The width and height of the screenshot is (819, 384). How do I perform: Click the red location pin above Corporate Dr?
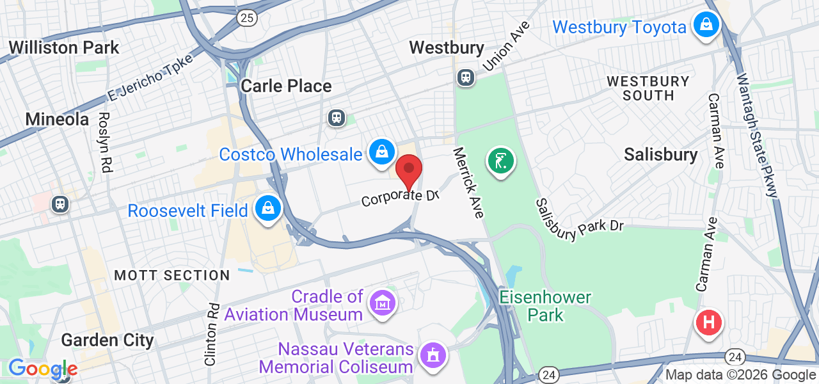point(409,171)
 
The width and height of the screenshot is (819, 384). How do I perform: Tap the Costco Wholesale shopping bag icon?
point(381,152)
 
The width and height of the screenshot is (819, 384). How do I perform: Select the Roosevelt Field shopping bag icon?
point(269,209)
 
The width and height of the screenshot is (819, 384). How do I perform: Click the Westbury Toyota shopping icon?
point(706,25)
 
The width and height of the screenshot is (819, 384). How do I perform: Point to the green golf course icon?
point(501,160)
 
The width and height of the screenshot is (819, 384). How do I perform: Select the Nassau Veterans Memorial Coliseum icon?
point(433,354)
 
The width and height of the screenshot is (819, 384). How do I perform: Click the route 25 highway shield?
point(247,18)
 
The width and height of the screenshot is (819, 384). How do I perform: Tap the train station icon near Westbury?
point(465,77)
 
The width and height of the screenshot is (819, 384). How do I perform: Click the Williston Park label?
point(64,47)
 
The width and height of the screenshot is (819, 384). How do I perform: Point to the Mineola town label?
point(57,119)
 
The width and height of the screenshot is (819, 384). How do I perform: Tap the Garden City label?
point(107,339)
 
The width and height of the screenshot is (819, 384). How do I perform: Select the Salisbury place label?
point(661,154)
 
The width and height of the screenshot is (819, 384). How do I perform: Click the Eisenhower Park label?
point(545,306)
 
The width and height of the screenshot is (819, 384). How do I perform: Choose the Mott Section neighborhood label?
point(172,276)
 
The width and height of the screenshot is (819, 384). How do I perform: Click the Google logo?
point(42,369)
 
